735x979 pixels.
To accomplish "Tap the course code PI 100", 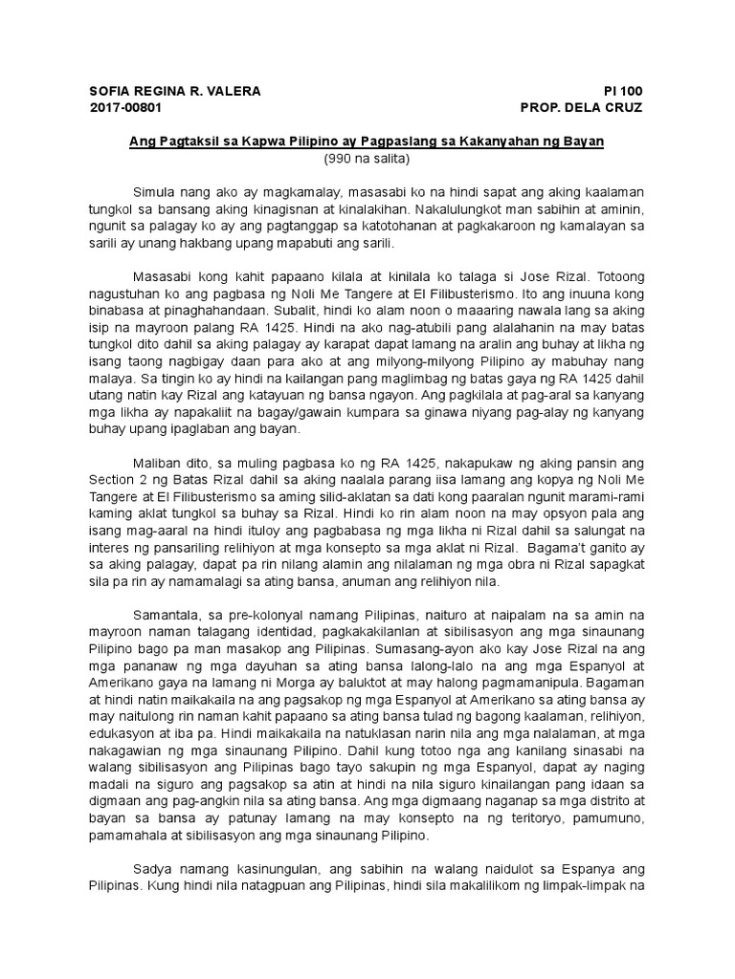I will click(623, 91).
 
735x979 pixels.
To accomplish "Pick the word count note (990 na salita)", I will click(367, 158).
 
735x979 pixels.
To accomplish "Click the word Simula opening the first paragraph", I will click(154, 194).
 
